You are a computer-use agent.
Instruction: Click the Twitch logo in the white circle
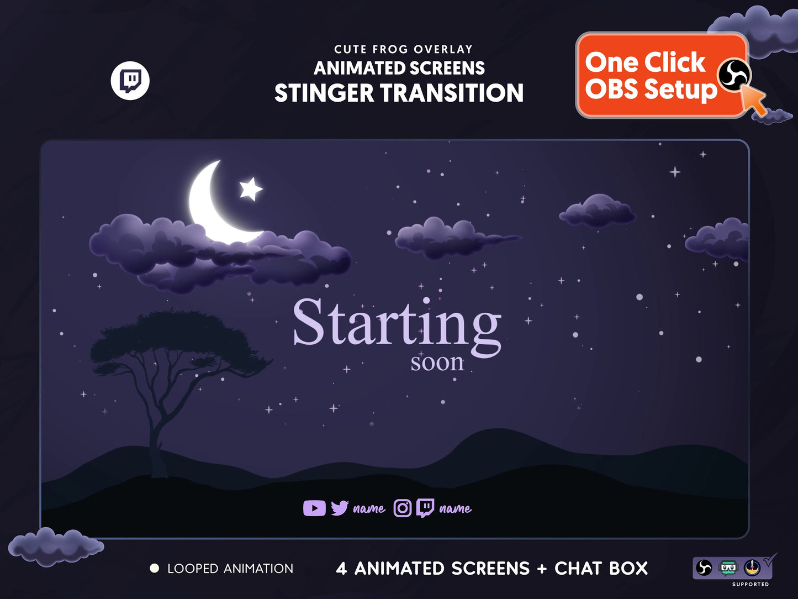(130, 81)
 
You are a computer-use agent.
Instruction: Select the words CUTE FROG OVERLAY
(403, 49)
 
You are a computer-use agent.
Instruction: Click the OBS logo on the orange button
(733, 75)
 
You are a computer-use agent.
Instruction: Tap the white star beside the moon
(250, 189)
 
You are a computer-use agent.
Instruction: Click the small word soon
(437, 362)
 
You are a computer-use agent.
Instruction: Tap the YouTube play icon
(314, 508)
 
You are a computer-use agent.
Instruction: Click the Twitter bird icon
(339, 508)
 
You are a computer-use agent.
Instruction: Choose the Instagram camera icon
(403, 508)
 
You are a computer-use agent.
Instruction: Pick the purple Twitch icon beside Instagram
(425, 508)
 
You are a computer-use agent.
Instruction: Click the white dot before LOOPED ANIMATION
(155, 568)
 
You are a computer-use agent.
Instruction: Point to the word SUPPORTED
(750, 584)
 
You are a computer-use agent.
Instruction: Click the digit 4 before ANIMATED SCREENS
(341, 568)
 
